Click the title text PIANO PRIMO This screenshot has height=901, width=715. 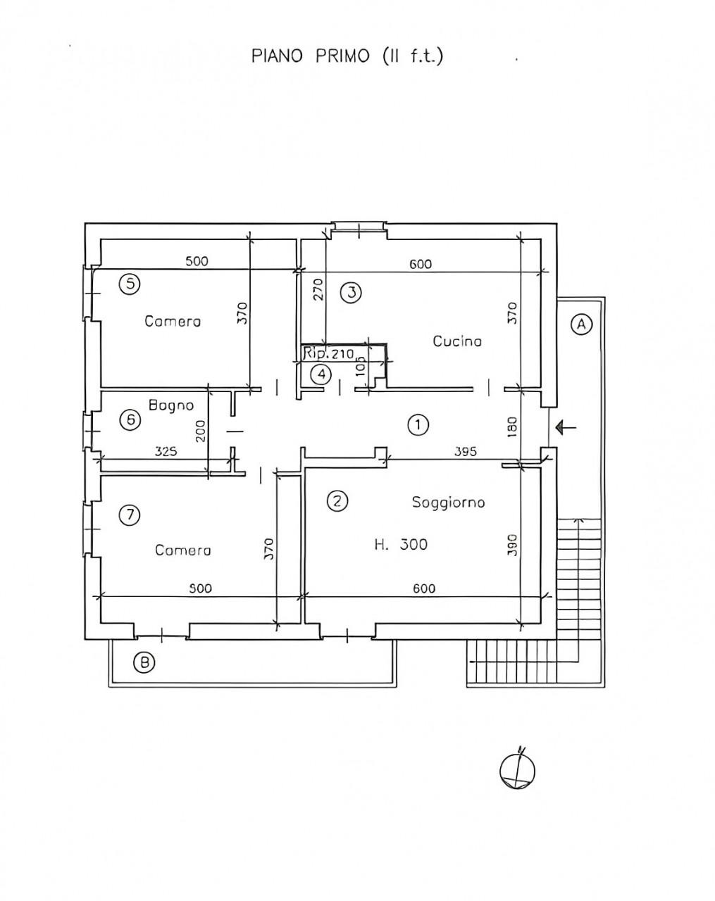[x=311, y=56]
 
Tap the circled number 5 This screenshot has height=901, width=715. [x=130, y=284]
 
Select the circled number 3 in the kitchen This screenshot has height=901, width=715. [x=352, y=293]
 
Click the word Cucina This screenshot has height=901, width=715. [x=457, y=341]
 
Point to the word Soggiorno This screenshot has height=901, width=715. [x=449, y=502]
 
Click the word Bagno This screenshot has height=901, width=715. [x=171, y=405]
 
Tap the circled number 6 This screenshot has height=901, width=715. [x=131, y=420]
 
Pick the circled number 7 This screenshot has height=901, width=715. [x=130, y=515]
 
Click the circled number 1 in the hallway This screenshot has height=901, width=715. [x=418, y=425]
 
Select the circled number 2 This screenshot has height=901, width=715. [x=337, y=501]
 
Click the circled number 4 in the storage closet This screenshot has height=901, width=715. [x=321, y=374]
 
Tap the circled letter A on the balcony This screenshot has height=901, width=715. [x=581, y=324]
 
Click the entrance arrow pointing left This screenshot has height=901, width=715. [x=566, y=427]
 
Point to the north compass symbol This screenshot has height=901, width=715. [x=518, y=771]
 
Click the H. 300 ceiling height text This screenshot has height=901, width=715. [x=401, y=545]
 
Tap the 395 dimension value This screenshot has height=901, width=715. [x=466, y=452]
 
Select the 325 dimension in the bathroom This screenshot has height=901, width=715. [x=166, y=451]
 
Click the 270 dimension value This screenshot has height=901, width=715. [x=319, y=289]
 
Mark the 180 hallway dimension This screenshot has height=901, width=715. [x=513, y=427]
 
